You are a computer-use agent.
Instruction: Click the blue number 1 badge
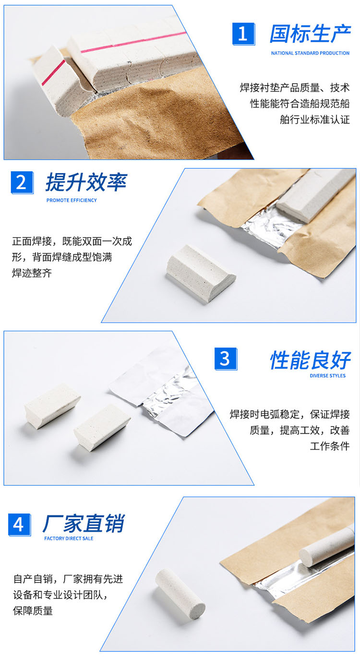pos(243,34)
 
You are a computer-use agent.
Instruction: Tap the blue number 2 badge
pos(22,182)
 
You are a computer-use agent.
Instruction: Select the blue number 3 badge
pos(226,359)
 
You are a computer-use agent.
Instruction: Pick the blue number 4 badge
pos(19,525)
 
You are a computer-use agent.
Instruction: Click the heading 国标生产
pos(310,34)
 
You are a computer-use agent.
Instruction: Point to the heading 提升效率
pos(86,182)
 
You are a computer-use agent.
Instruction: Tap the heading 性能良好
pos(311,360)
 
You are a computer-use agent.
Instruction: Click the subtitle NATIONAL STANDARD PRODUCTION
pos(310,53)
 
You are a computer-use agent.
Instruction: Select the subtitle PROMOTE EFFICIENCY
pos(72,200)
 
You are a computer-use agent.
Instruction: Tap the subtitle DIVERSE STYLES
pos(327,376)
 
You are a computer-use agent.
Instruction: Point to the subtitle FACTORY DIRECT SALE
pos(69,538)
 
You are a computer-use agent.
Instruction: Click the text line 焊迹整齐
pos(32,273)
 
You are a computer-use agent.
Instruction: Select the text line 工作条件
pos(330,446)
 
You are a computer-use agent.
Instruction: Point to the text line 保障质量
pos(33,611)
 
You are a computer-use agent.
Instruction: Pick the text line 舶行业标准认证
pos(314,120)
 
